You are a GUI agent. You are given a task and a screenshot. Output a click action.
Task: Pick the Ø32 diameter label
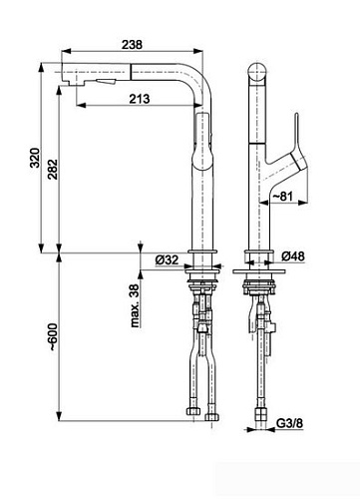166,261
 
